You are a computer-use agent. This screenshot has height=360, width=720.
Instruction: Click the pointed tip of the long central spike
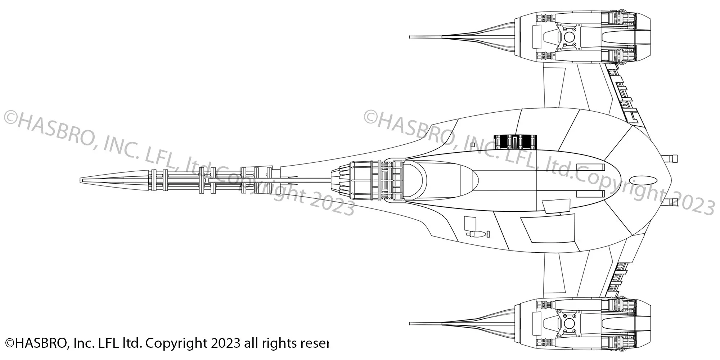click(81, 180)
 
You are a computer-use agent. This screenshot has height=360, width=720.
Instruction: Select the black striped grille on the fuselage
click(515, 141)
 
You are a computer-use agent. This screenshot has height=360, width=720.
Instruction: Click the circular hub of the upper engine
click(569, 37)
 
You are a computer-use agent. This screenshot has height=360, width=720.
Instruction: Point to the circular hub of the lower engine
click(569, 323)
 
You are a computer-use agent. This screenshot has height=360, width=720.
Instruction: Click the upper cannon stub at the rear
click(672, 158)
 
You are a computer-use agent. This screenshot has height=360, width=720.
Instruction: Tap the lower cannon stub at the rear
click(672, 202)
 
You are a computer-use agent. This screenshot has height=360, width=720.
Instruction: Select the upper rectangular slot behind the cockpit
click(590, 167)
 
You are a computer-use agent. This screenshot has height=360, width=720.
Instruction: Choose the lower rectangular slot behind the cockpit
click(590, 194)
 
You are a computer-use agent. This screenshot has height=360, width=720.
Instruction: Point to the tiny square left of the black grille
click(473, 145)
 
